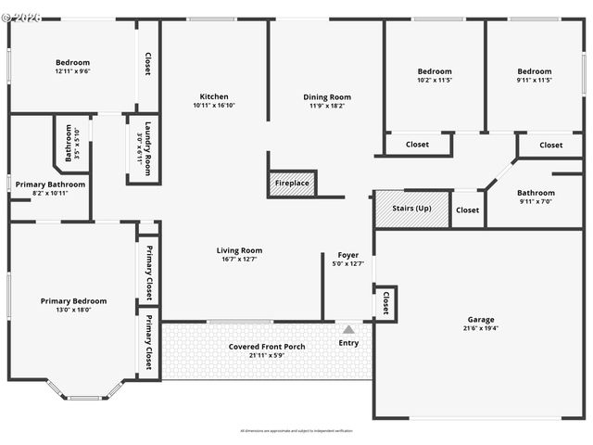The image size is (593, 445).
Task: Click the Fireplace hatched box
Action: [293, 184]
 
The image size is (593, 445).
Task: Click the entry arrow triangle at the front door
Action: [348, 329]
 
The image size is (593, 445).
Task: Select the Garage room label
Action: [480, 319]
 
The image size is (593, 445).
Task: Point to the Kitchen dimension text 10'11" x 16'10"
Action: [214, 106]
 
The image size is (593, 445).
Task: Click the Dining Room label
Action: [327, 96]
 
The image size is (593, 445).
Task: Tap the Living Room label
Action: [239, 250]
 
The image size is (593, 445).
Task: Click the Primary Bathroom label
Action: [51, 184]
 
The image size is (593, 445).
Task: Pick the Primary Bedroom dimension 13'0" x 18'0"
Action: [73, 310]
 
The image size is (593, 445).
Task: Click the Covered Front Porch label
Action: [267, 347]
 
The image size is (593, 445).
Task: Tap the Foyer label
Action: [347, 255]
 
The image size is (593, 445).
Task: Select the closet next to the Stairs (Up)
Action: [468, 210]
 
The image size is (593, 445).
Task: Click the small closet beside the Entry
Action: [385, 303]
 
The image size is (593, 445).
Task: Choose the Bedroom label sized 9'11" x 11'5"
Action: [535, 71]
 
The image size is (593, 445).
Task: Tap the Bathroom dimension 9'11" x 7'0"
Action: [536, 201]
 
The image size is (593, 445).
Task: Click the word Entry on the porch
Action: [348, 343]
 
